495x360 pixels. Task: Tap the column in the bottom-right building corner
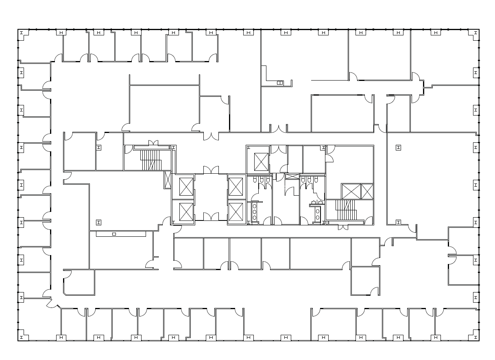pyautogui.click(x=475, y=337)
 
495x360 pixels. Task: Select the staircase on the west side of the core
pyautogui.click(x=151, y=159)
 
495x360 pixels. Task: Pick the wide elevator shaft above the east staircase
pyautogui.click(x=351, y=191)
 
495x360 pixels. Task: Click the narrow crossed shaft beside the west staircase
pyautogui.click(x=168, y=179)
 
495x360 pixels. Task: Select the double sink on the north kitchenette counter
pyautogui.click(x=280, y=83)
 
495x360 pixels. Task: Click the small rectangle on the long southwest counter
pyautogui.click(x=114, y=234)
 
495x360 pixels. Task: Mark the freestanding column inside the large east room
pyautogui.click(x=398, y=148)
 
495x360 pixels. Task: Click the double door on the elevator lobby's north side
pyautogui.click(x=211, y=170)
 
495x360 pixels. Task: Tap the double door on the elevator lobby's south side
pyautogui.click(x=211, y=217)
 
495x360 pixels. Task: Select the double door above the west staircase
pyautogui.click(x=153, y=143)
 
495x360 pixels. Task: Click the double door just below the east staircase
pyautogui.click(x=343, y=227)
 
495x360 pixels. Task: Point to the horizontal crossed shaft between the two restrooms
pyautogui.click(x=292, y=177)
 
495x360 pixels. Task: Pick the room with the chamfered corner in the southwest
pyautogui.click(x=79, y=282)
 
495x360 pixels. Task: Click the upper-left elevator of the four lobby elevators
pyautogui.click(x=186, y=187)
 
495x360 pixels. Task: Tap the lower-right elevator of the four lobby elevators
pyautogui.click(x=236, y=212)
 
